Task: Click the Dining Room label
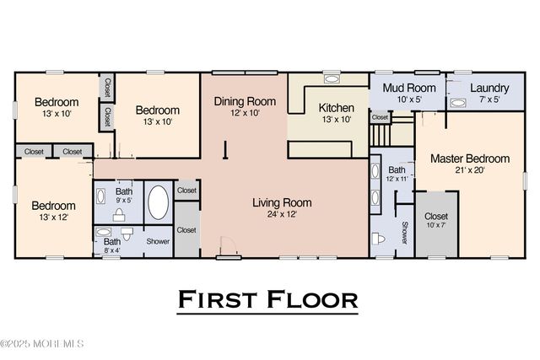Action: pos(244,101)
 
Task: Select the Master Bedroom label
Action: pos(469,159)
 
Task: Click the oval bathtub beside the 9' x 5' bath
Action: pos(158,202)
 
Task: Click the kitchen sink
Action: pos(330,80)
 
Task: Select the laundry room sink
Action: pos(457,103)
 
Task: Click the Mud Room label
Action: pos(408,88)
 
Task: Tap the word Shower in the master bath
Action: pos(404,233)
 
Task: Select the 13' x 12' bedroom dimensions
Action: pos(53,218)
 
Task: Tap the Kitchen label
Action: pos(335,108)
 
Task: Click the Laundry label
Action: pos(489,88)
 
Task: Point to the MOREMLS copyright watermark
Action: pos(42,343)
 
